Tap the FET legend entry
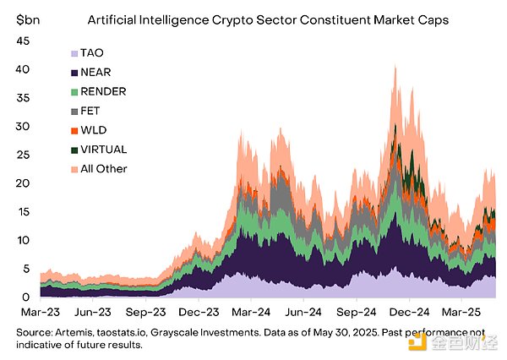(90, 112)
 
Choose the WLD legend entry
(92, 131)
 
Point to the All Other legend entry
(103, 169)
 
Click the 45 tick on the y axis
(24, 41)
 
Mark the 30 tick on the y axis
(24, 126)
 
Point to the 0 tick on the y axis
(27, 297)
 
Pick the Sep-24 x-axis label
(357, 312)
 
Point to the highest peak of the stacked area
(395, 66)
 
